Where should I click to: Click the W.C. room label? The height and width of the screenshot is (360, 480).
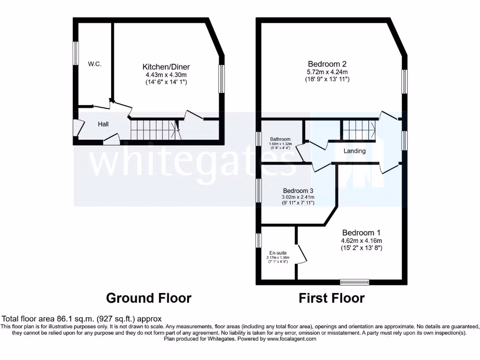tap(95, 64)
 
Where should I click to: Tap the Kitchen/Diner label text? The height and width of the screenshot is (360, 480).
tap(166, 67)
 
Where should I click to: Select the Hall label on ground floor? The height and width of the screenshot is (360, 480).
tap(103, 124)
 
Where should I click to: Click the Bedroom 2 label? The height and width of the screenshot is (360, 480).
tap(327, 64)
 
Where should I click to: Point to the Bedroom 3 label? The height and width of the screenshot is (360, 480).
tap(298, 191)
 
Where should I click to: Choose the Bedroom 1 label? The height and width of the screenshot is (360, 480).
tap(361, 232)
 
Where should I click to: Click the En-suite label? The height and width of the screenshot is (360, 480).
tap(278, 253)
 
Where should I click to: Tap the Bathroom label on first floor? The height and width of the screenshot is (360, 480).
tap(280, 139)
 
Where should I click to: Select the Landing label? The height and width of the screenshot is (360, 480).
tap(354, 151)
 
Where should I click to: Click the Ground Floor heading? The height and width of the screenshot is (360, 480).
tap(149, 298)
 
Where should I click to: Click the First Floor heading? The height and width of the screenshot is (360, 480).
tap(332, 298)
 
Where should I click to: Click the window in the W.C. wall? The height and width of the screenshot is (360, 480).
tap(75, 53)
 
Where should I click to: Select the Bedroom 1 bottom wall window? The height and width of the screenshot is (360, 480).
tap(354, 282)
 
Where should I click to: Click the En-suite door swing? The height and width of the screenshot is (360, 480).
tap(302, 253)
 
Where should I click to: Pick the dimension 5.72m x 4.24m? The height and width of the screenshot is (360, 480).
tap(327, 72)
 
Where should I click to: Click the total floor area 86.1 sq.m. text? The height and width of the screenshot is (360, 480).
tap(82, 318)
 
